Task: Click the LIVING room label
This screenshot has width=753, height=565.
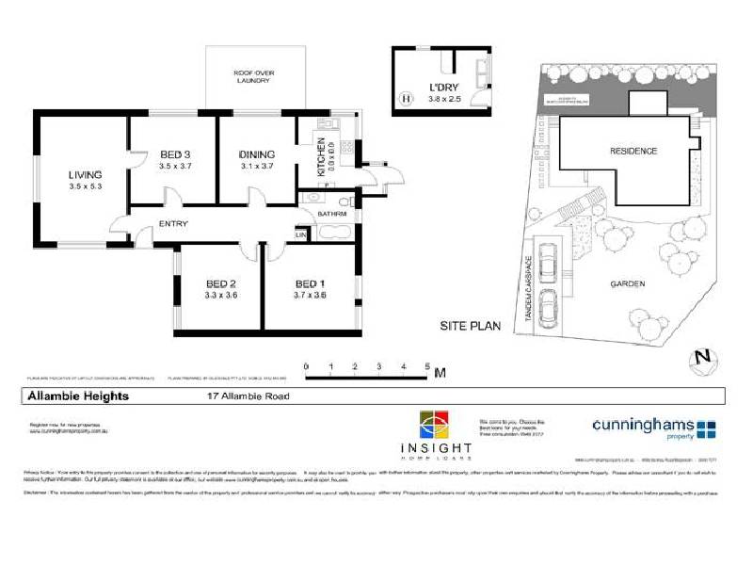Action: (85, 174)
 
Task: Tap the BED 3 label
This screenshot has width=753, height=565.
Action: (175, 154)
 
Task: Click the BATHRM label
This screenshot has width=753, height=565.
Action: (332, 214)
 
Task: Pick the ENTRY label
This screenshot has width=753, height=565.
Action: (173, 223)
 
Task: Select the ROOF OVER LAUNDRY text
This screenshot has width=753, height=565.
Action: (253, 76)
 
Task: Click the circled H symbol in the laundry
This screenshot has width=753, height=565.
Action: (406, 96)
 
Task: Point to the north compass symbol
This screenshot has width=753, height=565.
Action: (700, 358)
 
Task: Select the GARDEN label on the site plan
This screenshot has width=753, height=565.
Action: (627, 284)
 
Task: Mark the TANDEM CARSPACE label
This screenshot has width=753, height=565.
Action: (530, 291)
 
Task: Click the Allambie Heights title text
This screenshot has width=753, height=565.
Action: (76, 396)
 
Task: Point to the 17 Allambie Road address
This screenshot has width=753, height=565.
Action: (247, 396)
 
